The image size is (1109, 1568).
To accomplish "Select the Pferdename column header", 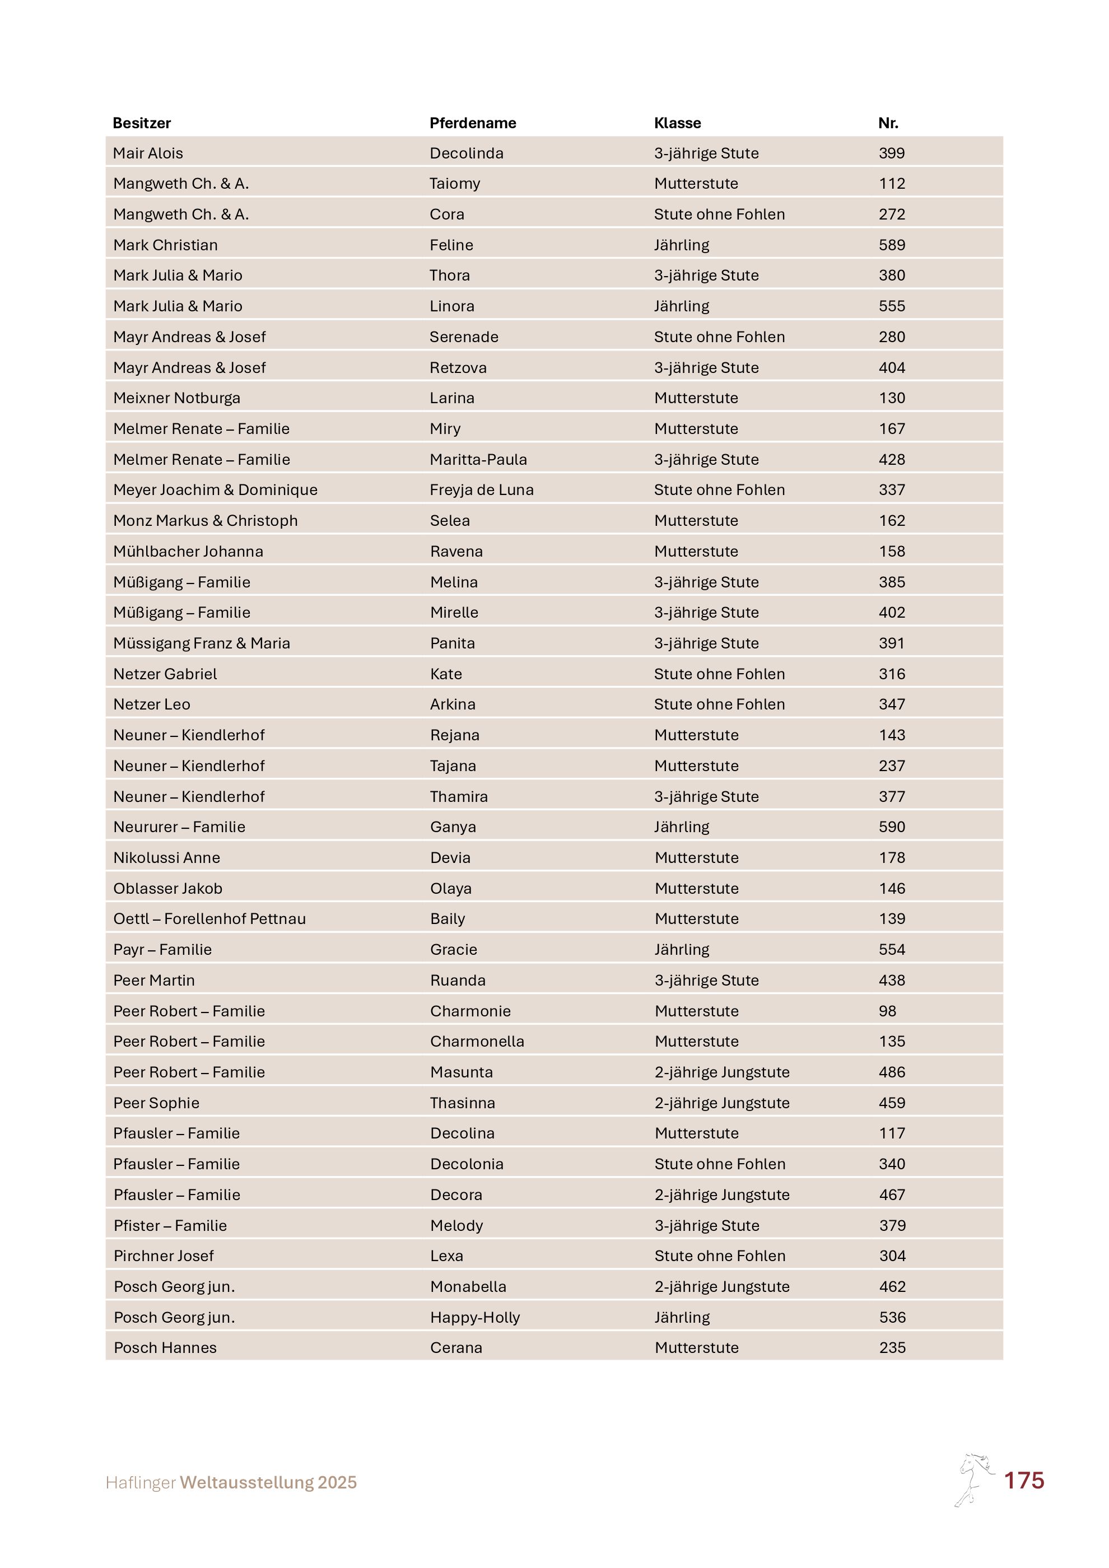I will tap(473, 123).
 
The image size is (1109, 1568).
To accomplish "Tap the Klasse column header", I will tap(677, 123).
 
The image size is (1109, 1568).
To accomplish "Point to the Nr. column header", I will tap(888, 123).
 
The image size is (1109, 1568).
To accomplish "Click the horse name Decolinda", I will tap(467, 153).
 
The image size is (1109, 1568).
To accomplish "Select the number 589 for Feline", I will tap(892, 245).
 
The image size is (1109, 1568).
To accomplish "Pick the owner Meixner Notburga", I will tap(177, 398).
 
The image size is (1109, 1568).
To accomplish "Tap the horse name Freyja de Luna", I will tap(482, 489).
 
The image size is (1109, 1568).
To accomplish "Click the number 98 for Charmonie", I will tap(887, 1011).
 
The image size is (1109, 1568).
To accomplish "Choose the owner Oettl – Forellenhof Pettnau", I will tap(209, 918).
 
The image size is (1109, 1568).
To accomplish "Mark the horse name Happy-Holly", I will tap(474, 1317).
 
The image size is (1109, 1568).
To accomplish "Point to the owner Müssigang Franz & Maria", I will tap(202, 643).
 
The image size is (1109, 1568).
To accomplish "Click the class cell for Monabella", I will tap(722, 1287).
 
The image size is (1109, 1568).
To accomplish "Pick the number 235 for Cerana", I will tap(892, 1347).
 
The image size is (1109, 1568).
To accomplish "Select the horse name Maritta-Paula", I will tap(478, 460).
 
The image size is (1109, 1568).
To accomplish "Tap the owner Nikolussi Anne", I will tap(166, 858).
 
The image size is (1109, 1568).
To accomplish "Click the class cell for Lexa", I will tap(720, 1256).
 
